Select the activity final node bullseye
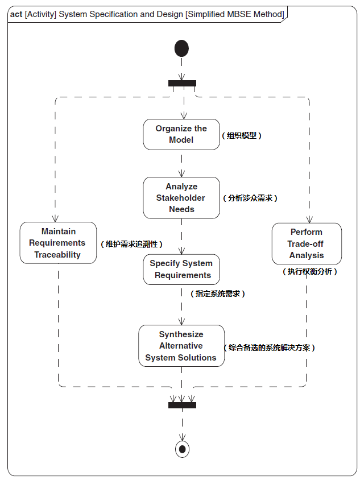pos(182,449)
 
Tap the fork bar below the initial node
pos(182,84)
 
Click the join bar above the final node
pos(182,405)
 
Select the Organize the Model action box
pos(181,134)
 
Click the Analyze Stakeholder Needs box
pos(181,198)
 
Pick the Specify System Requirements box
pos(181,270)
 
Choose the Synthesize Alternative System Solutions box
pos(181,346)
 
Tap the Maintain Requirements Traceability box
pos(57,243)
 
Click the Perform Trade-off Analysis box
pos(307,243)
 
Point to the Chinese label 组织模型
pos(242,136)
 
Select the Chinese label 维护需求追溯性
pos(131,244)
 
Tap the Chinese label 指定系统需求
pos(217,294)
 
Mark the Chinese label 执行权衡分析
pos(310,272)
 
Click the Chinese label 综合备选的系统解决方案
pos(270,347)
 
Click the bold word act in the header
pos(16,14)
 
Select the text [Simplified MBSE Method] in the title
pos(235,14)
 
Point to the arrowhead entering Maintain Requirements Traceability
pos(56,219)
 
